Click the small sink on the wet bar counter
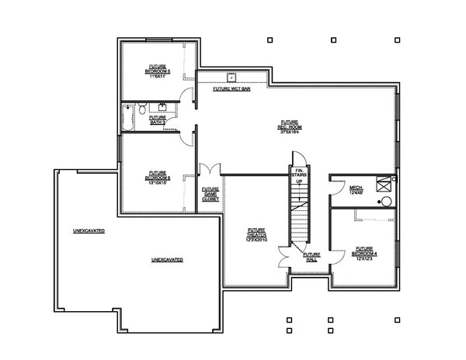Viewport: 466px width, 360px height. point(231,78)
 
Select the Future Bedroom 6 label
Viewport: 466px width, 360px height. point(158,177)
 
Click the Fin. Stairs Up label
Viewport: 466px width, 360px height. point(299,178)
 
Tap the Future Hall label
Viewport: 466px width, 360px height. point(311,256)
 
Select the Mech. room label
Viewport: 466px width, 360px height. point(356,189)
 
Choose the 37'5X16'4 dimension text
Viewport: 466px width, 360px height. point(290,133)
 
